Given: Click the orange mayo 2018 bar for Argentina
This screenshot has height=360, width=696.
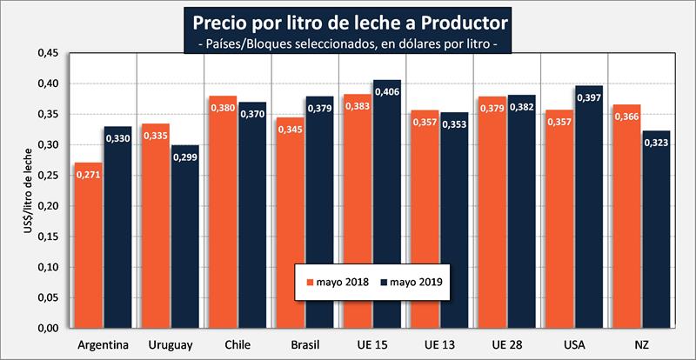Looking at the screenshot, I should pyautogui.click(x=88, y=252).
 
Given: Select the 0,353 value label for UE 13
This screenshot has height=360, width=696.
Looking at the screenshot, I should pyautogui.click(x=454, y=123).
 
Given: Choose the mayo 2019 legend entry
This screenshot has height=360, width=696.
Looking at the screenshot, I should pyautogui.click(x=411, y=283).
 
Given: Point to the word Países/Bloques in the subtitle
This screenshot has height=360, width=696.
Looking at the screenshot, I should pyautogui.click(x=245, y=43).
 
